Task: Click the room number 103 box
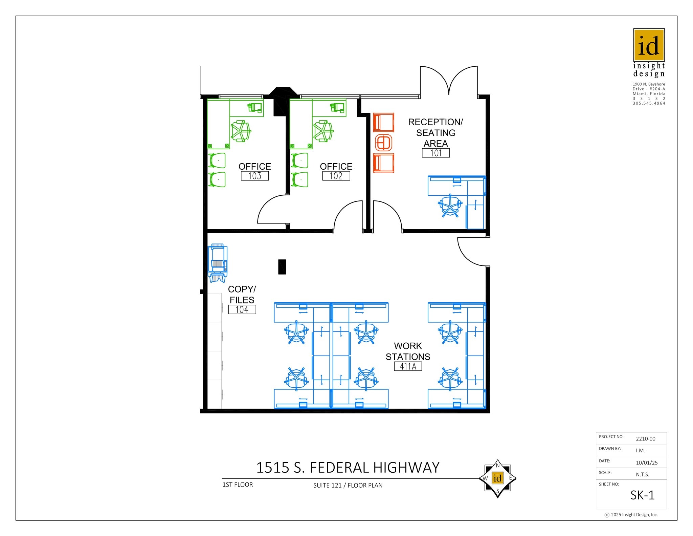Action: point(254,176)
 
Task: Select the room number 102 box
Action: point(336,176)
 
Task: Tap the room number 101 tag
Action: point(435,153)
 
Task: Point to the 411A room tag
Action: point(408,366)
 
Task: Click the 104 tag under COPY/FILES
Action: point(242,309)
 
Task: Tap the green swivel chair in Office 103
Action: point(241,131)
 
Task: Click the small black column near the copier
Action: point(282,266)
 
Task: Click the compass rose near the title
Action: point(497,478)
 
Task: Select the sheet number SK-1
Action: point(642,495)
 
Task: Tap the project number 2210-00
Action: point(645,438)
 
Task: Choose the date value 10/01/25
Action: point(647,463)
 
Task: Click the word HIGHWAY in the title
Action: point(406,468)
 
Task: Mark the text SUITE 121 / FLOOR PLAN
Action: point(348,485)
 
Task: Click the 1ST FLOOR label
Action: point(238,485)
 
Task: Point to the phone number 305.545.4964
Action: point(649,103)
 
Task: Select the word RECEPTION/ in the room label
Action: point(435,122)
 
